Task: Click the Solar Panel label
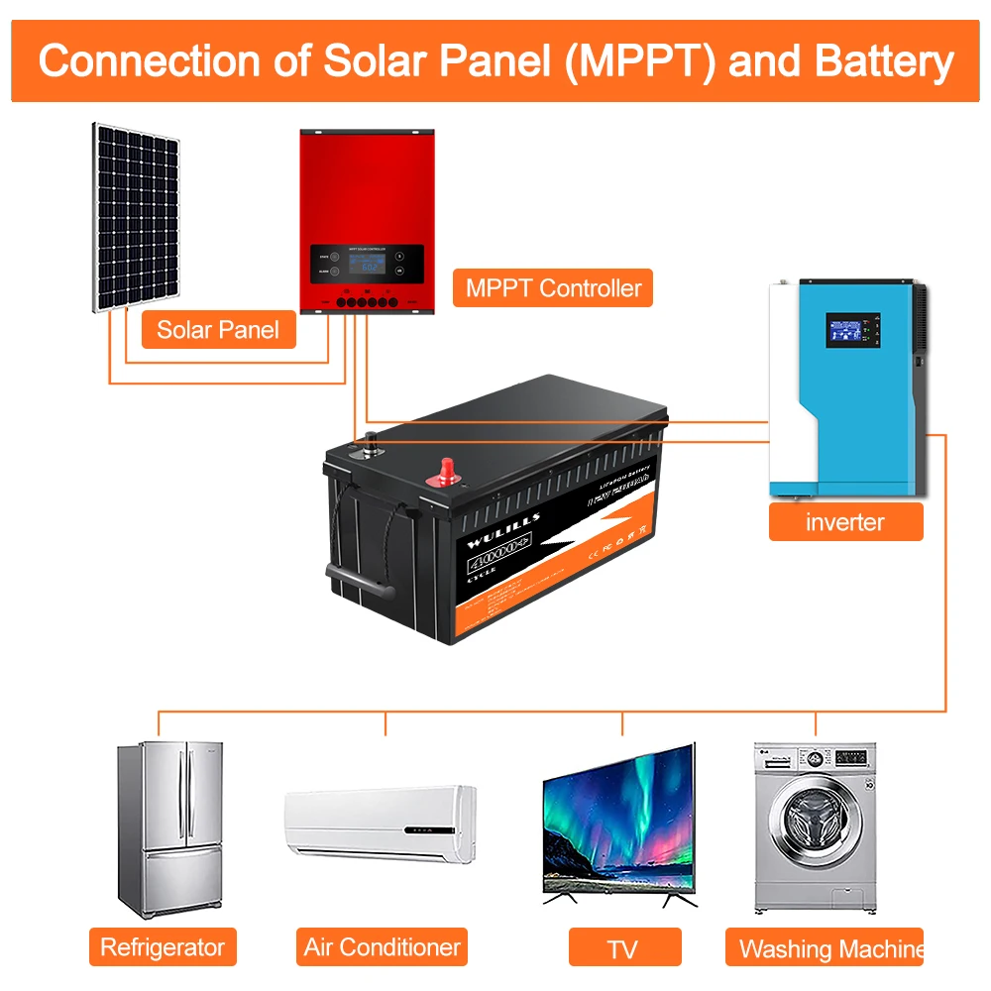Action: point(218,329)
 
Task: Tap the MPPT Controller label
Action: point(553,288)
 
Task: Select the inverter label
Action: point(845,521)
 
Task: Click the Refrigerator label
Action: point(163,946)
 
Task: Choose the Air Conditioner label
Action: point(382,946)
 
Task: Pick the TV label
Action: point(622,948)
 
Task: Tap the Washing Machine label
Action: point(829,948)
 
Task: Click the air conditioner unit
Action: point(381,824)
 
